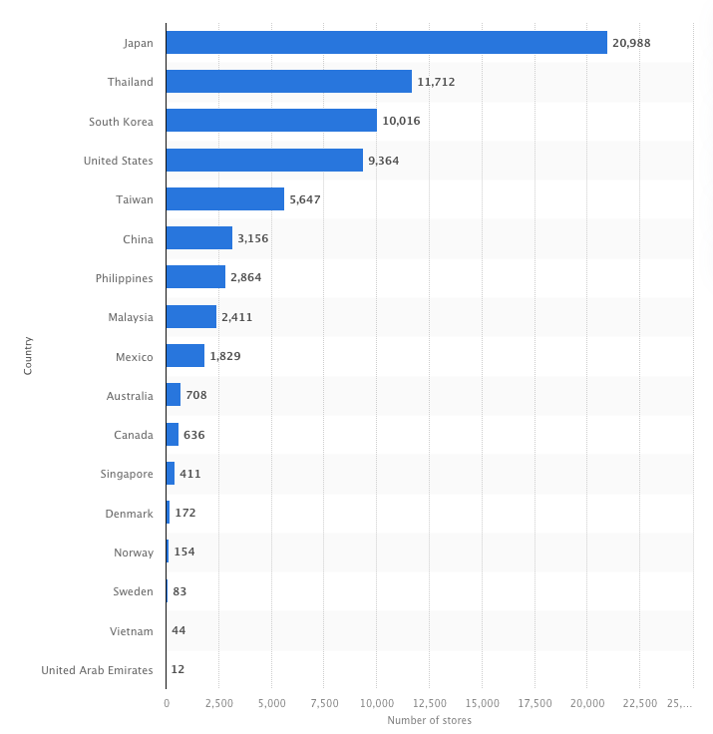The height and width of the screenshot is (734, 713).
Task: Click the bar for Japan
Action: pyautogui.click(x=386, y=43)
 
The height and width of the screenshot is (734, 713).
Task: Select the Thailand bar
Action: pyautogui.click(x=288, y=82)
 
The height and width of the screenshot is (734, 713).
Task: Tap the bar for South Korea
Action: pyautogui.click(x=271, y=121)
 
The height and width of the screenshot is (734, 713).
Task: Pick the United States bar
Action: pyautogui.click(x=264, y=160)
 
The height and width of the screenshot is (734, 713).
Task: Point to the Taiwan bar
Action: pyautogui.click(x=225, y=199)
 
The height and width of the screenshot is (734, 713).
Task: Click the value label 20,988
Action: pyautogui.click(x=631, y=43)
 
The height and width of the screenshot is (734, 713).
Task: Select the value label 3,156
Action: pyautogui.click(x=253, y=238)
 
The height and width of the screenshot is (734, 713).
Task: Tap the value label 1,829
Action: pyautogui.click(x=225, y=356)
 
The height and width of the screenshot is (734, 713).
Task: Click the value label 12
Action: pyautogui.click(x=178, y=670)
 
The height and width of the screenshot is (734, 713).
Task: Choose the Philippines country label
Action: pyautogui.click(x=125, y=278)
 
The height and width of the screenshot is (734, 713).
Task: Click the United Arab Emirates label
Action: pyautogui.click(x=98, y=670)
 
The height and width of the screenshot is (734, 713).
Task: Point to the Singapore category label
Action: pyautogui.click(x=127, y=474)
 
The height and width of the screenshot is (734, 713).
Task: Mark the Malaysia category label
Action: pyautogui.click(x=131, y=317)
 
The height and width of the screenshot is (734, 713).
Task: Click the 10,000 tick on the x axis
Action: pyautogui.click(x=376, y=703)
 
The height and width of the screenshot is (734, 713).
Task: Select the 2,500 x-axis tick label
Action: pyautogui.click(x=218, y=703)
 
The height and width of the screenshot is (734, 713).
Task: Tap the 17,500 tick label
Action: pyautogui.click(x=535, y=703)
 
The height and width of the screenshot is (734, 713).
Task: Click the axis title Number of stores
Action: pyautogui.click(x=429, y=720)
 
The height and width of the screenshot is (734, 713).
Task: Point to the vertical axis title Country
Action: pyautogui.click(x=28, y=355)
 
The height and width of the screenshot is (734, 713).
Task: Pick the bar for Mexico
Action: pyautogui.click(x=185, y=356)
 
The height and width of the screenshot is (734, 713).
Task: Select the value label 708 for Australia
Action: pyautogui.click(x=195, y=396)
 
